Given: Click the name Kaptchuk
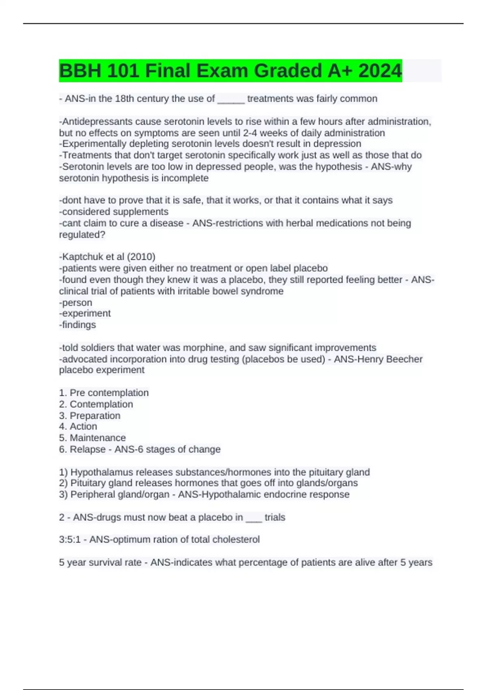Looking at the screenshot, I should (82, 257).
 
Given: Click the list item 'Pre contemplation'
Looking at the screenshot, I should (109, 393).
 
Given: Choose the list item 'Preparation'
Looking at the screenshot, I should (95, 416).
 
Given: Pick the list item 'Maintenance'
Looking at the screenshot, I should (97, 438).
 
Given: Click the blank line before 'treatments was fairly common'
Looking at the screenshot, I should (231, 99).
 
